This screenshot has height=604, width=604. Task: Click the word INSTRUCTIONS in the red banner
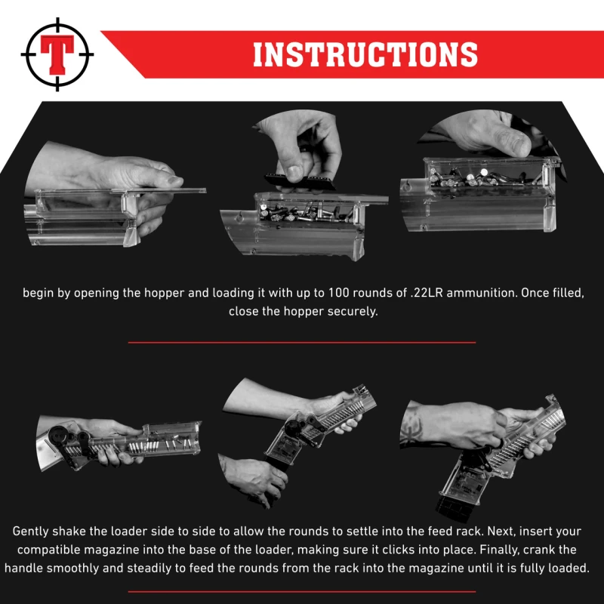(365, 54)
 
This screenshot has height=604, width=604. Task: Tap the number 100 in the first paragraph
(338, 293)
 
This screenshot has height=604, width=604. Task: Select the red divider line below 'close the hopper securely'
(302, 342)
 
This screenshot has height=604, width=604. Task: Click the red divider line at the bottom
(302, 591)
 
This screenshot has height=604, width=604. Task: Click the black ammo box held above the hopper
(300, 181)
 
